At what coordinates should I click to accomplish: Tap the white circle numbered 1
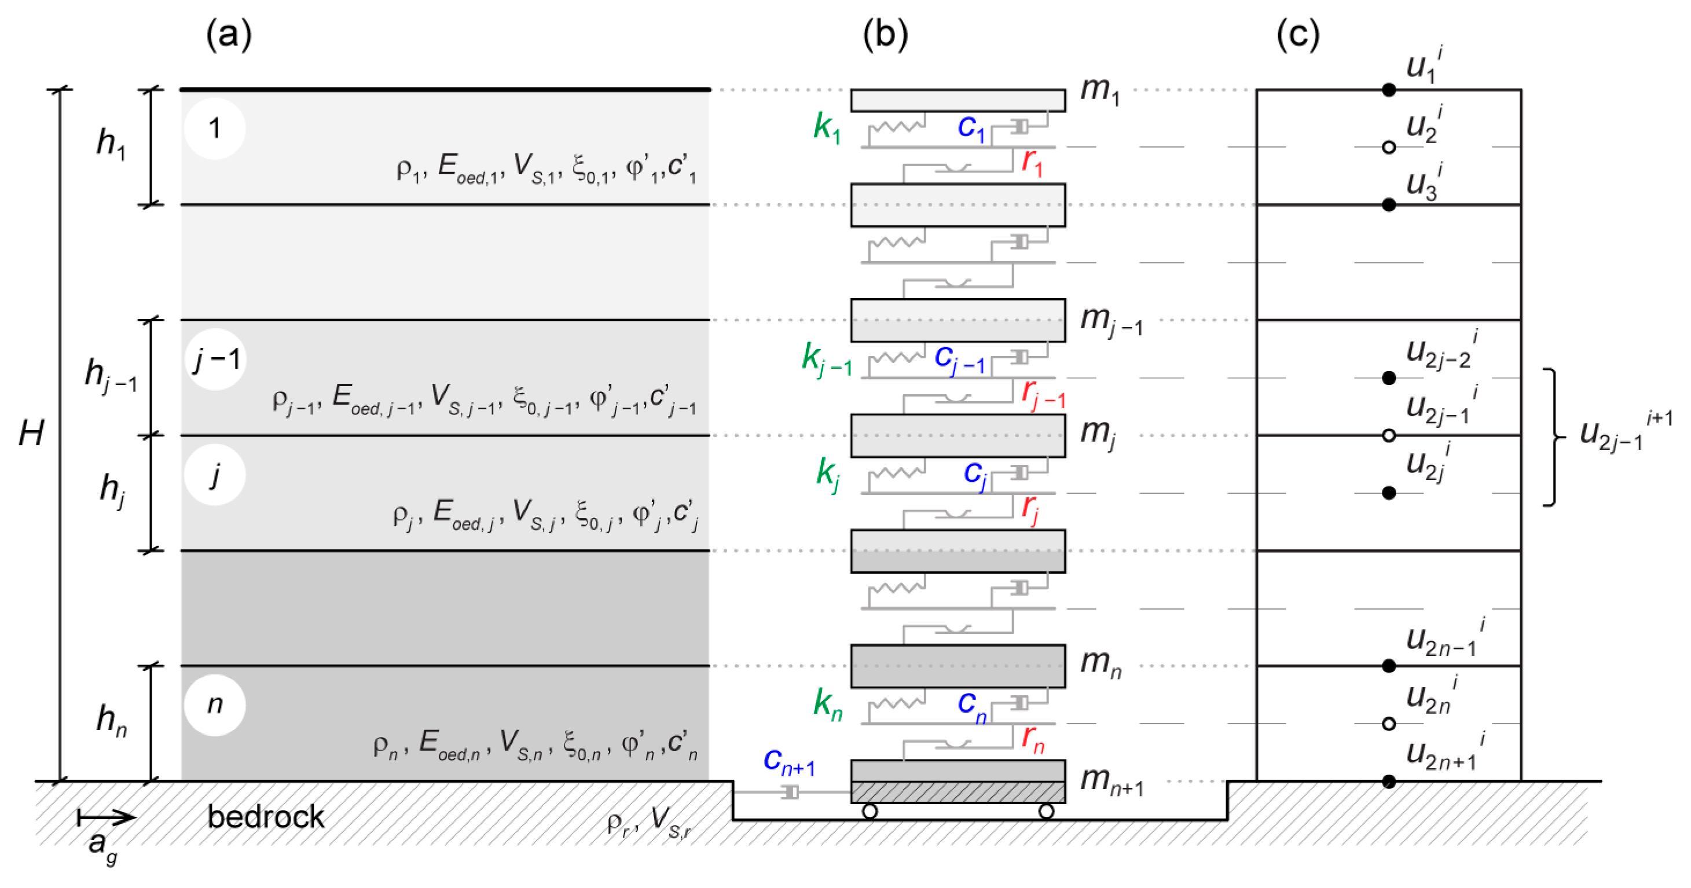[x=215, y=128]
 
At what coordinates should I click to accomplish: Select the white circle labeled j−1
[x=216, y=359]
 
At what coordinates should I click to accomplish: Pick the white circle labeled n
[x=215, y=704]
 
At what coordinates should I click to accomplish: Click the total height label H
[x=31, y=433]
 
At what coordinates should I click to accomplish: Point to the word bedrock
[x=266, y=817]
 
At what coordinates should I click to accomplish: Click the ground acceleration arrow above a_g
[x=107, y=818]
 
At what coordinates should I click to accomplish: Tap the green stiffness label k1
[x=827, y=127]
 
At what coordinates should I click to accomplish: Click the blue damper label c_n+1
[x=788, y=762]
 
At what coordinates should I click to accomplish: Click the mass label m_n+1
[x=1112, y=781]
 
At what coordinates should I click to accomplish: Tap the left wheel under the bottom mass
[x=870, y=812]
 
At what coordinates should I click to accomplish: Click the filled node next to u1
[x=1388, y=90]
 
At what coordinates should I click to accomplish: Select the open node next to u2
[x=1388, y=147]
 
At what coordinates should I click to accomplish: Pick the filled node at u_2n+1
[x=1388, y=781]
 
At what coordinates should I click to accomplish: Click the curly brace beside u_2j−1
[x=1553, y=437]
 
